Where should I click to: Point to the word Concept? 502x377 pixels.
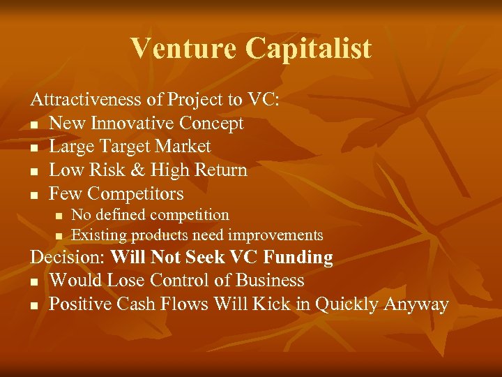point(211,124)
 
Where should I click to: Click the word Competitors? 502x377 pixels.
point(136,193)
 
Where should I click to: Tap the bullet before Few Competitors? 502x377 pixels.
point(33,195)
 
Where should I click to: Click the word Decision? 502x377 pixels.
point(67,257)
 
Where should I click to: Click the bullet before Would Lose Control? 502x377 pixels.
point(33,281)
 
